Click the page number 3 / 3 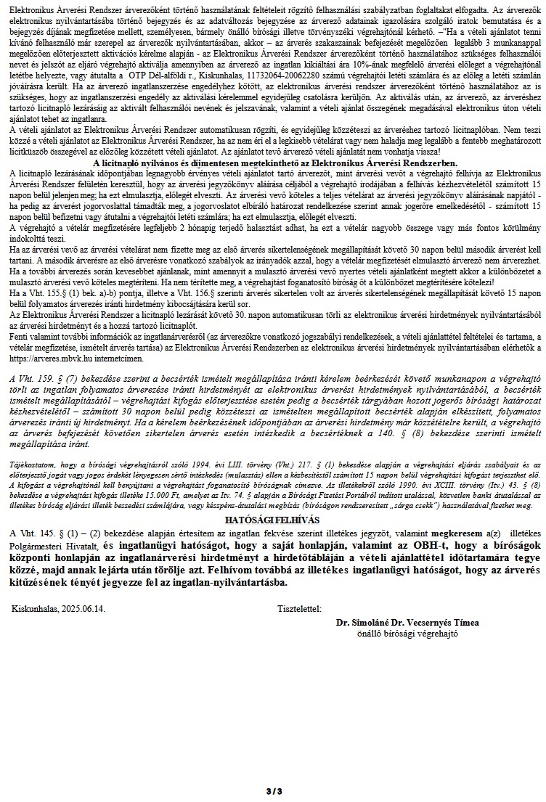[272, 790]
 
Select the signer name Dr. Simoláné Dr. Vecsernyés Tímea [407, 623]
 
